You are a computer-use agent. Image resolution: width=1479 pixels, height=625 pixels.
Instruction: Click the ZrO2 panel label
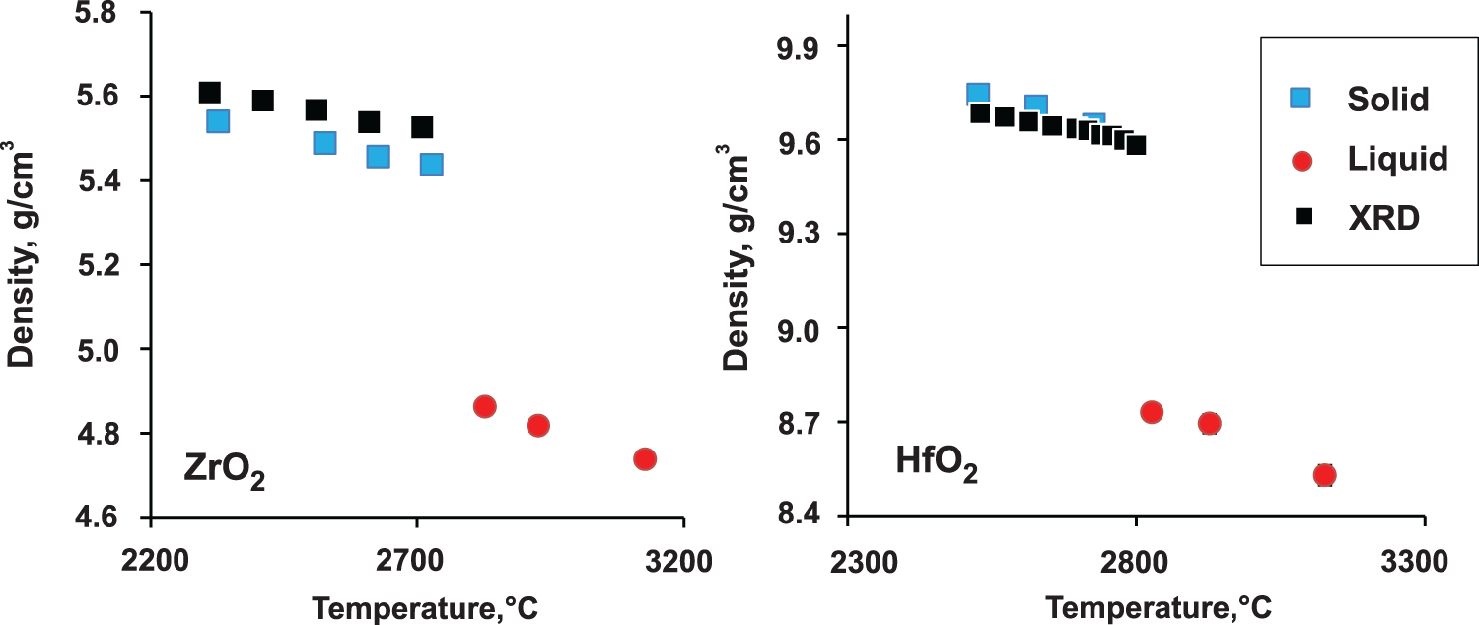point(226,468)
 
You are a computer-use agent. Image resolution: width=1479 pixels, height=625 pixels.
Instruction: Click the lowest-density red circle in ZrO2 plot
point(645,458)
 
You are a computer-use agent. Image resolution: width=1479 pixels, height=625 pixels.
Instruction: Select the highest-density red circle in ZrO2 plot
point(484,406)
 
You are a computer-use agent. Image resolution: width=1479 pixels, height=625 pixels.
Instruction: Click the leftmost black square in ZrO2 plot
point(209,92)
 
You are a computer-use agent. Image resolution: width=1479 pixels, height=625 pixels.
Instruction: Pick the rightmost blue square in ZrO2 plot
point(431,164)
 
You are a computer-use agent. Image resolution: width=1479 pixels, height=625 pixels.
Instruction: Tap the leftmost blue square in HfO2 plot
point(977,94)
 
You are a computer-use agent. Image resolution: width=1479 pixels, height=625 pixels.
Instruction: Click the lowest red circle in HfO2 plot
point(1324,475)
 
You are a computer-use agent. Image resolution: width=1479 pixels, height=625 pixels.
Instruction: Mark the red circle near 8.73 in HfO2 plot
point(1151,411)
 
